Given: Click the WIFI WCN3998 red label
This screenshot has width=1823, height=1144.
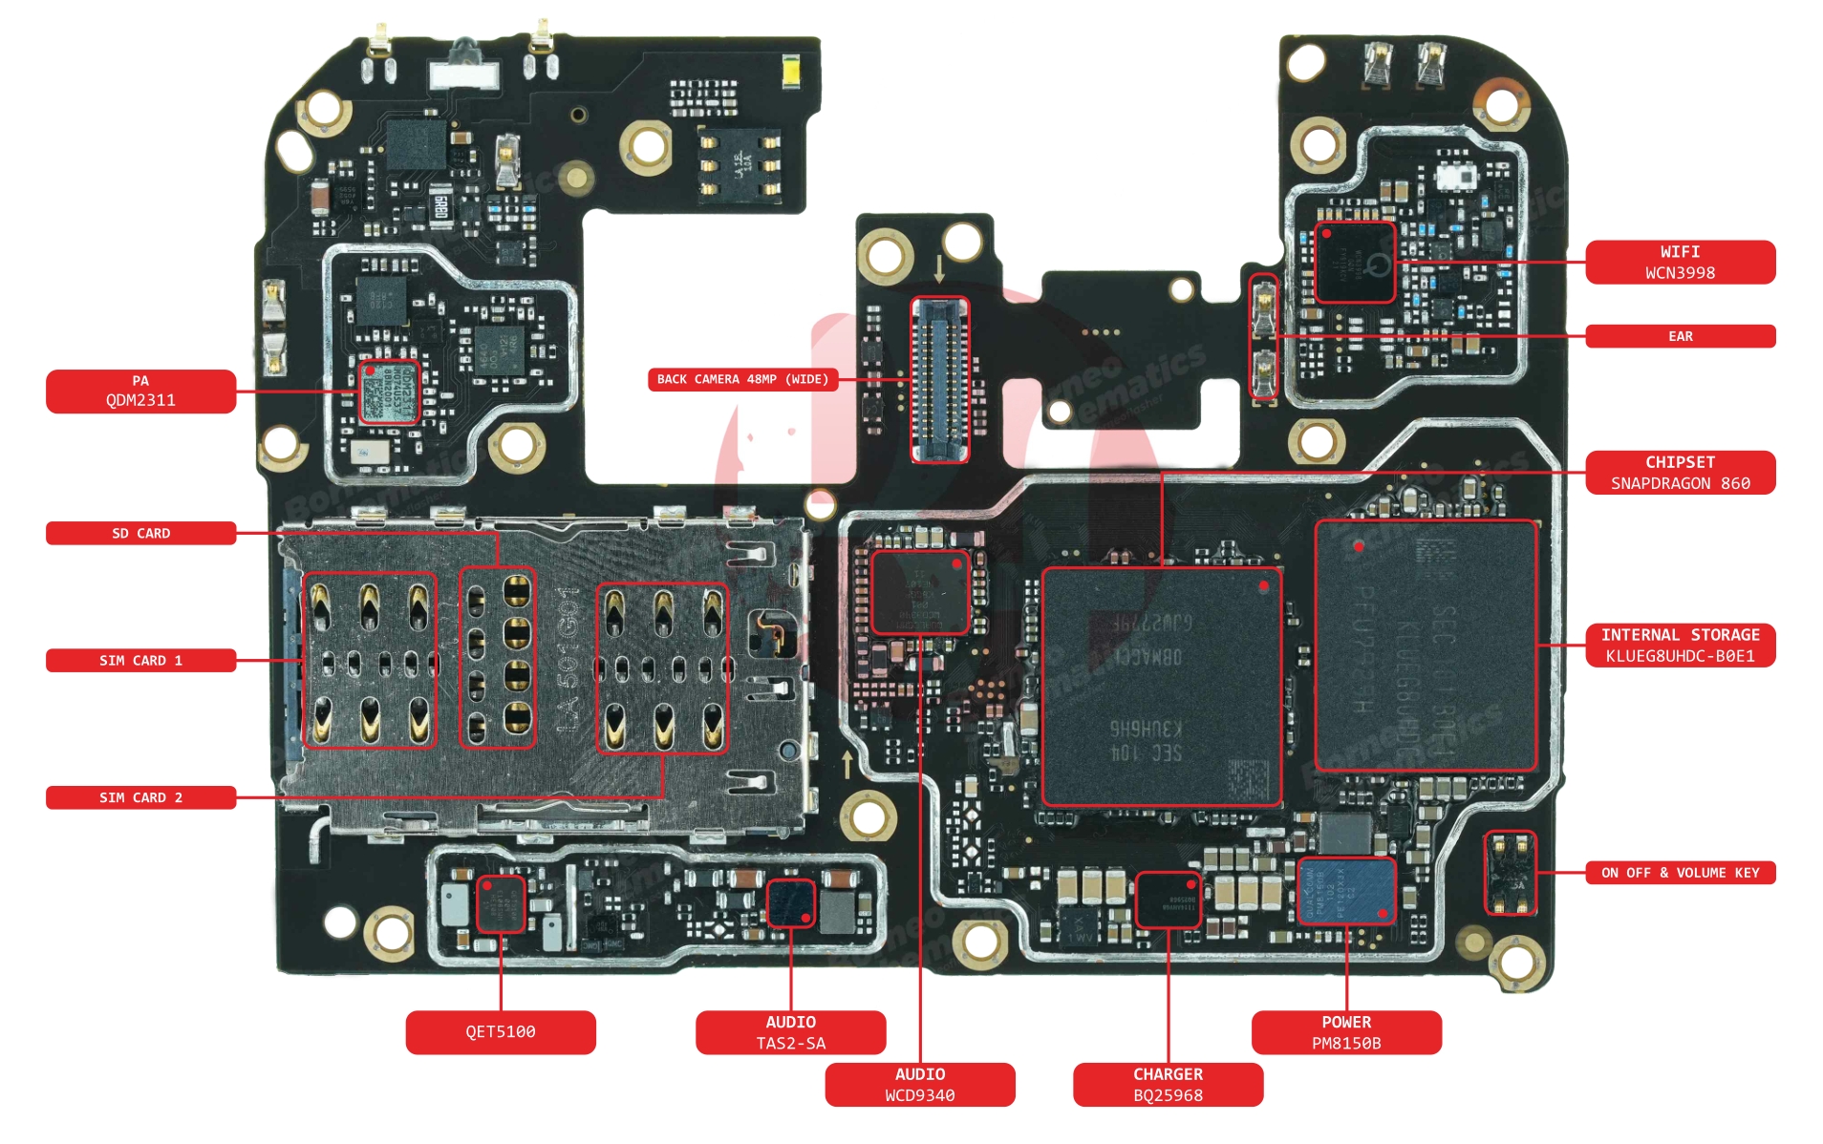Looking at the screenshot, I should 1679,263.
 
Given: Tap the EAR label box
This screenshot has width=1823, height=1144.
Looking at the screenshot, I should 1679,336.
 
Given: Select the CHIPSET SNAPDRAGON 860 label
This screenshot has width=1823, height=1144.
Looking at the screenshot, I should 1679,473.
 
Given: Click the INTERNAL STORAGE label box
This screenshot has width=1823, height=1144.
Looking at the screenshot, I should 1679,646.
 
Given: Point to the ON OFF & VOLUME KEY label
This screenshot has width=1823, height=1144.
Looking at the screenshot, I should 1679,873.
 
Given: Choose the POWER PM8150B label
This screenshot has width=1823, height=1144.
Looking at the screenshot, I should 1345,1032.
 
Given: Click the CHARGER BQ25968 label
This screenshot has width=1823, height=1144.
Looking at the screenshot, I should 1168,1085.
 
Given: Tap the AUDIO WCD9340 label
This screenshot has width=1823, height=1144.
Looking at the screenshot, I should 919,1085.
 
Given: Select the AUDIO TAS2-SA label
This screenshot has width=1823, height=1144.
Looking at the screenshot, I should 790,1032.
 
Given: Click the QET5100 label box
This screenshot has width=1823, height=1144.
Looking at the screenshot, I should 500,1032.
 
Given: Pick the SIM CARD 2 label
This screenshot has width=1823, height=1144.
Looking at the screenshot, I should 140,797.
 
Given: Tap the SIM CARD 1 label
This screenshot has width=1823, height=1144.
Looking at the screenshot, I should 140,661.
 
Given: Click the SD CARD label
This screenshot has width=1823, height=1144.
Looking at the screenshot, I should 140,533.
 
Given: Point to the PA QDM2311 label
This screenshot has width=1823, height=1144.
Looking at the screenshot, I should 140,391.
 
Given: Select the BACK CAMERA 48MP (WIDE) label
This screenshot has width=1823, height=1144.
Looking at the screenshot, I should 742,379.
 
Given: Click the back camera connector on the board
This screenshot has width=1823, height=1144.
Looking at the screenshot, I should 939,379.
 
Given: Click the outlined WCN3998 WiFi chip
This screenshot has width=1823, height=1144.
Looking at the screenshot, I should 1354,263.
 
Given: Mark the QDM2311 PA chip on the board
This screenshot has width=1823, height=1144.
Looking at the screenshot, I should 389,392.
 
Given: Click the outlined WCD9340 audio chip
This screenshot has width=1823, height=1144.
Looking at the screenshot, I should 919,592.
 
